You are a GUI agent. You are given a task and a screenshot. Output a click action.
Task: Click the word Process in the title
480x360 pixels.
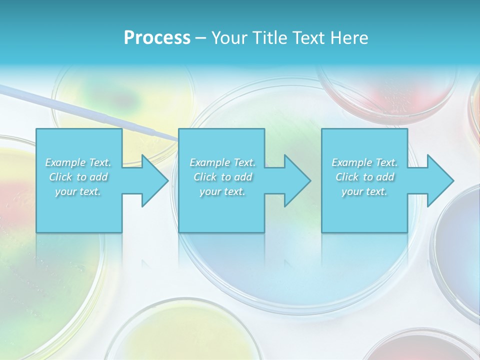[157, 38]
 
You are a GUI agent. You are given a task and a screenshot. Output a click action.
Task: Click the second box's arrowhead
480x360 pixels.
[297, 180]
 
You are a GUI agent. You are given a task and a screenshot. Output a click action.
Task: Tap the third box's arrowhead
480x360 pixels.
[440, 180]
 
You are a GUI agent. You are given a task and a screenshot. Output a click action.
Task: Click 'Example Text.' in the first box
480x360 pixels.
[78, 162]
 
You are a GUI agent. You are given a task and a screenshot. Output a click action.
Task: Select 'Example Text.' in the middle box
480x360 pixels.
[222, 162]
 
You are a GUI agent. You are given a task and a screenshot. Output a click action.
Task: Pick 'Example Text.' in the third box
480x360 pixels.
[364, 162]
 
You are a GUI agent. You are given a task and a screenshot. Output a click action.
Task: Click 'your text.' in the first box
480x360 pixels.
[78, 191]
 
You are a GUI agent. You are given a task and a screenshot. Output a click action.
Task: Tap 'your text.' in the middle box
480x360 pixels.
[222, 191]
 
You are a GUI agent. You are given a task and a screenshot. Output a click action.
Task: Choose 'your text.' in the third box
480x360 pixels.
[364, 191]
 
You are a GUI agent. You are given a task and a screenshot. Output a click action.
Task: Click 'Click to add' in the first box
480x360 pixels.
[78, 177]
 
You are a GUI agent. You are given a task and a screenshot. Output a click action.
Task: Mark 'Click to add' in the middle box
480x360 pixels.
[222, 177]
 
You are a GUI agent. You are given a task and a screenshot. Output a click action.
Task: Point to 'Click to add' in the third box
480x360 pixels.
[364, 177]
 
